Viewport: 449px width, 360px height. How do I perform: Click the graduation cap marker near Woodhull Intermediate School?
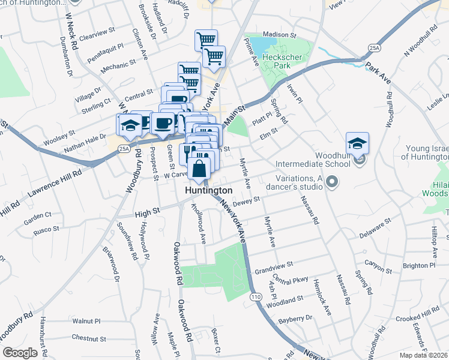tap(357, 144)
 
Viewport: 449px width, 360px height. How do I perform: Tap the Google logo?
tap(20, 353)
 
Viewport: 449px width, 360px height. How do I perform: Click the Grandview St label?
tap(273, 264)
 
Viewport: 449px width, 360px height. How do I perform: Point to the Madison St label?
tap(280, 35)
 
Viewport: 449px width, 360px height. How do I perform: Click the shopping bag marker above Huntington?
tap(199, 169)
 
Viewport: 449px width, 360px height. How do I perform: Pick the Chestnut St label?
tap(88, 339)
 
